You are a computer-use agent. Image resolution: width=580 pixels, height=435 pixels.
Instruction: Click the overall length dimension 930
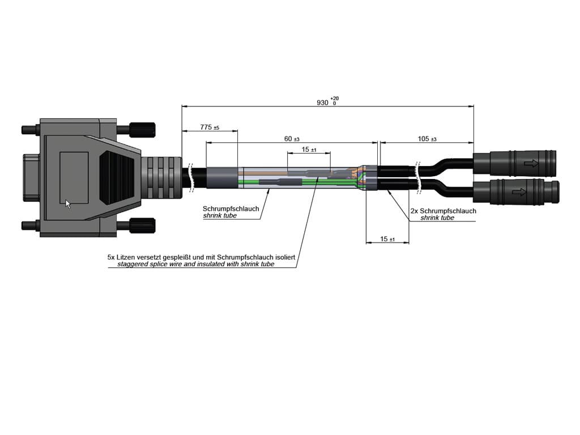point(322,103)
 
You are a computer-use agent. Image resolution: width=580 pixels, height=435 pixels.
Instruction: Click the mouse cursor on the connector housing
point(68,204)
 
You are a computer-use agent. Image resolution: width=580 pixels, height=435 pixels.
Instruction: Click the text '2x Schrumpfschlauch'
point(443,211)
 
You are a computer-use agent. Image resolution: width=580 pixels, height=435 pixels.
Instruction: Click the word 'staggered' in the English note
point(131,264)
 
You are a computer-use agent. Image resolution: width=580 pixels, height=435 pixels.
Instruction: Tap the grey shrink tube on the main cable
point(221,178)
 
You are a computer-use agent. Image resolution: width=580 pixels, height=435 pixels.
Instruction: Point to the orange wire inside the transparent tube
point(266,170)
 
